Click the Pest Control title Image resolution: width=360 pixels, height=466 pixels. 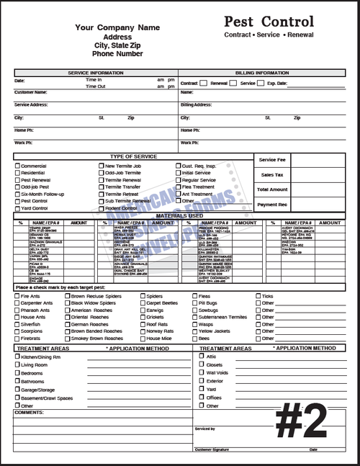point(269,22)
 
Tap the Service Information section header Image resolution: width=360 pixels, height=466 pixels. point(96,73)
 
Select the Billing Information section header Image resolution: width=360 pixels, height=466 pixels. point(261,73)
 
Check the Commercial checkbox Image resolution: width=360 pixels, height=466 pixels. point(17,166)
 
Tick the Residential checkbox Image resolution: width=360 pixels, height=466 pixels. point(17,173)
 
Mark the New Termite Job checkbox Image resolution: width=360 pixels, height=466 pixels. point(102,166)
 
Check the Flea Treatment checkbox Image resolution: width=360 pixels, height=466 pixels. point(177,187)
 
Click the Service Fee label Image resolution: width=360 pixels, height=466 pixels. point(272,159)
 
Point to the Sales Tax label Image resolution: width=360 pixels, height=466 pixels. point(272,174)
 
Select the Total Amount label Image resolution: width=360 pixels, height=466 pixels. point(272,189)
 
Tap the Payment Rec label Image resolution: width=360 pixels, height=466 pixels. point(272,205)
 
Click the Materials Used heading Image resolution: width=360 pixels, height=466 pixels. point(179,215)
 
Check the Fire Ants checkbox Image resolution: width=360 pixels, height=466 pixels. point(17,296)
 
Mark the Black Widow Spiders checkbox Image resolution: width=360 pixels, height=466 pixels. point(67,303)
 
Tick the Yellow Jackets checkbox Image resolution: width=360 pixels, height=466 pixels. point(194,331)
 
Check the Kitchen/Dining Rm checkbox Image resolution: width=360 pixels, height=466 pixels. point(17,357)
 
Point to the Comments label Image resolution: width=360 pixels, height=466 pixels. point(29,412)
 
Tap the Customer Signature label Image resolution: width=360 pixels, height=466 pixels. point(215,449)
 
